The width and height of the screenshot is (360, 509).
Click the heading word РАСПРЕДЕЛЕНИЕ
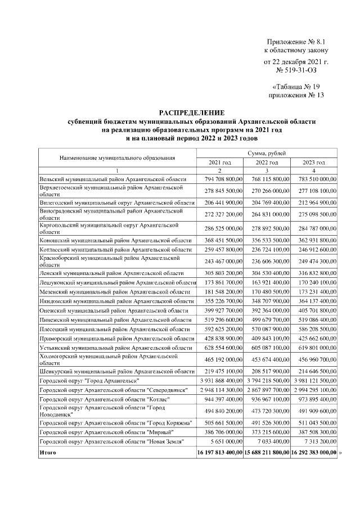point(191,113)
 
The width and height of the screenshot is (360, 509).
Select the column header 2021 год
point(220,162)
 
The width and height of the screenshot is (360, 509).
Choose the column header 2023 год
point(314,162)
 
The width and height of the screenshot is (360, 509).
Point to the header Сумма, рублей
point(267,153)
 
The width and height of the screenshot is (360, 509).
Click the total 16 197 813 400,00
point(220,452)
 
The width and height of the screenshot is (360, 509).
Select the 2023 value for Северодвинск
point(314,390)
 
